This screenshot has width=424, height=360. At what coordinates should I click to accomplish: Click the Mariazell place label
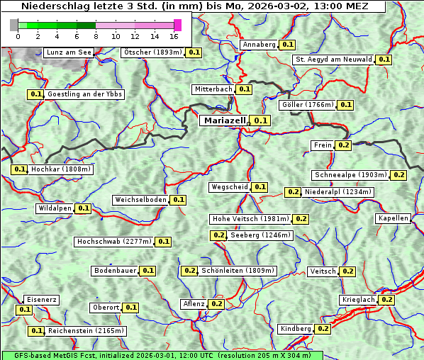pyautogui.click(x=224, y=120)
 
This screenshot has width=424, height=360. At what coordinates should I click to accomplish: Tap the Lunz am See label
pyautogui.click(x=68, y=52)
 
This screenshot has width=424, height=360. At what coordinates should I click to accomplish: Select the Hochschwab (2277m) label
pyautogui.click(x=114, y=242)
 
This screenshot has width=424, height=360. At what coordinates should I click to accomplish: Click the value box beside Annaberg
pyautogui.click(x=287, y=45)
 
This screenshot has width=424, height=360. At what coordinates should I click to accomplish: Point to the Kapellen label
pyautogui.click(x=394, y=218)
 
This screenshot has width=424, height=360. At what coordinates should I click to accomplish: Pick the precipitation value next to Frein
pyautogui.click(x=344, y=145)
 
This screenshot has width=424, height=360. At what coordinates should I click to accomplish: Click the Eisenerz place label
pyautogui.click(x=41, y=300)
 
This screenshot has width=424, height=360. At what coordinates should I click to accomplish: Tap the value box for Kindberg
pyautogui.click(x=323, y=329)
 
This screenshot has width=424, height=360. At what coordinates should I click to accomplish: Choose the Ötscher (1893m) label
pyautogui.click(x=152, y=52)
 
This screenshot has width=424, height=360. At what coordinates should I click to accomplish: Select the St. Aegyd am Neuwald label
pyautogui.click(x=334, y=60)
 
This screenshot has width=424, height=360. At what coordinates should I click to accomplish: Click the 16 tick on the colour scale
pyautogui.click(x=174, y=36)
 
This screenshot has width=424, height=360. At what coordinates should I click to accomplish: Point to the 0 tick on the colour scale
pyautogui.click(x=18, y=36)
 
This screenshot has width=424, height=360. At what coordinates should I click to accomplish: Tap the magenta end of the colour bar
pyautogui.click(x=177, y=25)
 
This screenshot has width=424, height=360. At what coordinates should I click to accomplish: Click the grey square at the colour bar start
pyautogui.click(x=14, y=25)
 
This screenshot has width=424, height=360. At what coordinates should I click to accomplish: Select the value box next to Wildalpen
pyautogui.click(x=84, y=208)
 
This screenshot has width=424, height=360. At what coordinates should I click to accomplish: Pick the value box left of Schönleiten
pyautogui.click(x=189, y=271)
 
